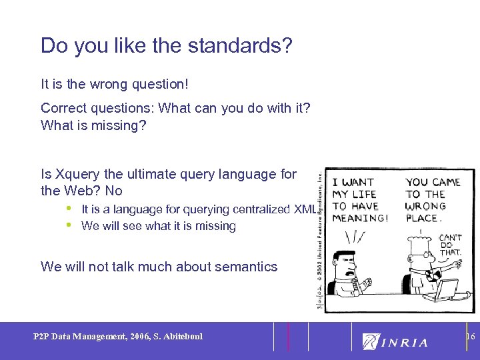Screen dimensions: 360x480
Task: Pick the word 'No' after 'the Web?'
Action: (x=113, y=191)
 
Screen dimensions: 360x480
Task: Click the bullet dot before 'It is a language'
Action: (x=69, y=209)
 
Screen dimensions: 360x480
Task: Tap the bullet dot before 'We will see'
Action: (x=69, y=225)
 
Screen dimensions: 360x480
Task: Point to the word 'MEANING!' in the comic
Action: (x=360, y=218)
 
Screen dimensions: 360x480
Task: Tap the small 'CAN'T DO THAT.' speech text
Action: (x=450, y=244)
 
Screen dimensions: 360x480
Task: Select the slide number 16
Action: (x=471, y=337)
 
